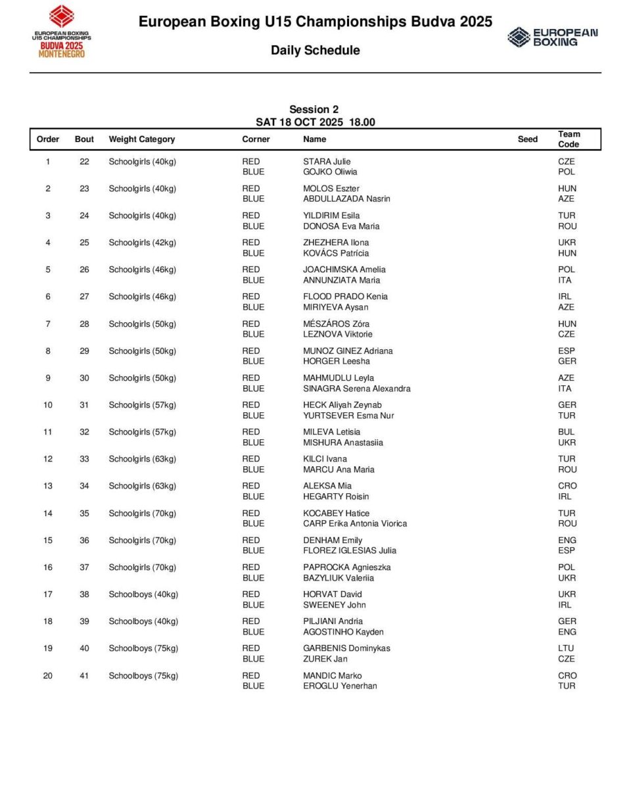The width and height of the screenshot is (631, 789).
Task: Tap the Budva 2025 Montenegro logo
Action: [x=62, y=32]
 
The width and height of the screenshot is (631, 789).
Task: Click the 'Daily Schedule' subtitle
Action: [x=315, y=51]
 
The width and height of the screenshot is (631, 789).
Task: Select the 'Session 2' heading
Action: [x=314, y=109]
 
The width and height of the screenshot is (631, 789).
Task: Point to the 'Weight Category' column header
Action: [x=142, y=139]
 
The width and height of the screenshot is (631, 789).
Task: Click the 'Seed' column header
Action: [x=527, y=139]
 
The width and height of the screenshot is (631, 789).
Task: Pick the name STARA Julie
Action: [x=327, y=162]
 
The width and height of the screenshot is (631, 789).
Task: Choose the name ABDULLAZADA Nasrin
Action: [x=346, y=199]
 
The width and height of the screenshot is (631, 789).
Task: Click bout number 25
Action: [x=84, y=243]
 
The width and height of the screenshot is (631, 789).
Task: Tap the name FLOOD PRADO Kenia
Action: [x=345, y=297]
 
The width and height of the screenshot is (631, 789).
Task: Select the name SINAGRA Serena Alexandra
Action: [x=356, y=389]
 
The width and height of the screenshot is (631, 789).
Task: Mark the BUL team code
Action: [x=567, y=432]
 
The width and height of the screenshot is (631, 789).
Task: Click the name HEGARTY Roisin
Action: [x=336, y=496]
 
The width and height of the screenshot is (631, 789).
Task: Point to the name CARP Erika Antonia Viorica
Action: [x=355, y=523]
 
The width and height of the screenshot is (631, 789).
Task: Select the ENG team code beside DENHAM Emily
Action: [x=567, y=540]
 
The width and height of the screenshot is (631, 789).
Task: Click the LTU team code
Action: [x=567, y=648]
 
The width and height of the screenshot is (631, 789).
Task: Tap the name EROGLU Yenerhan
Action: [x=340, y=686]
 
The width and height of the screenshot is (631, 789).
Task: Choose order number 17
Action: [x=48, y=594]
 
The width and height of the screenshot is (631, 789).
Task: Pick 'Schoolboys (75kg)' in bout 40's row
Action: [x=143, y=648]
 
